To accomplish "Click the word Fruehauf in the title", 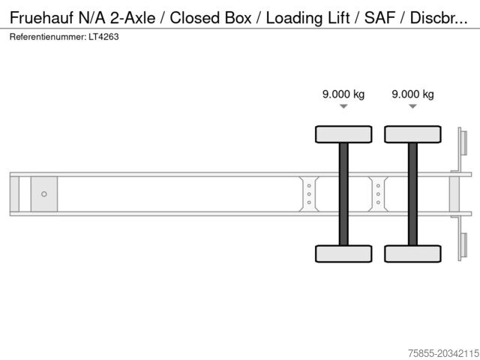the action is click(x=42, y=17).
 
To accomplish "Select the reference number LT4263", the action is click(x=103, y=37).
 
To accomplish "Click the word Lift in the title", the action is click(x=338, y=17).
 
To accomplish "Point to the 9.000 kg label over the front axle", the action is click(x=343, y=94).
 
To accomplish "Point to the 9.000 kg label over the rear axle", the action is click(x=412, y=94).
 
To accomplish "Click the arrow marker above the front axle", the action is click(x=343, y=106).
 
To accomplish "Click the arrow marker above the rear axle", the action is click(x=412, y=106).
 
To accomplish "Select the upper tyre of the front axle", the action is click(x=343, y=134).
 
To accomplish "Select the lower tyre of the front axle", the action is click(x=343, y=253).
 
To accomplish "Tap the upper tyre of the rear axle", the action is click(x=412, y=134).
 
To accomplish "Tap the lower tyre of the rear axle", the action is click(x=412, y=253).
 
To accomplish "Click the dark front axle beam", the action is click(x=343, y=194).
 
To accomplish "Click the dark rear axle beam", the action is click(x=412, y=194).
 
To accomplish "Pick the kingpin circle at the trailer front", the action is click(x=44, y=194).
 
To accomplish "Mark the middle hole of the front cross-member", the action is click(x=309, y=194).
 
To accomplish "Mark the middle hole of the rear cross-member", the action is click(x=378, y=194).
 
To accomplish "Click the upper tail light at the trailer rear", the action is click(x=463, y=142).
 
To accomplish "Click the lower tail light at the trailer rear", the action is click(x=463, y=245).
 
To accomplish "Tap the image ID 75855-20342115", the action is click(x=443, y=353).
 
